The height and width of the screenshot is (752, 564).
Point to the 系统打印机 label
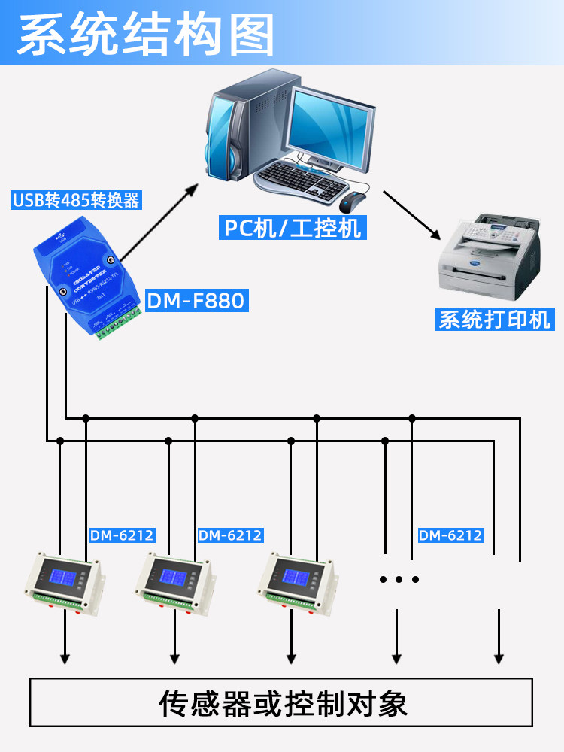click(x=495, y=319)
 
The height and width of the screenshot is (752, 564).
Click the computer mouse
click(x=352, y=202)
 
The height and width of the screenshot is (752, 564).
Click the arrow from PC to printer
click(x=412, y=215)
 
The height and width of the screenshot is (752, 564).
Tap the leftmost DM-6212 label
click(x=122, y=535)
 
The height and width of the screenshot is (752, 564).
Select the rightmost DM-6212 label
click(x=450, y=535)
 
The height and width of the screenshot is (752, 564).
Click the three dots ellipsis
click(x=399, y=579)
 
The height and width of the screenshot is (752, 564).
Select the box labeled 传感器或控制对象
click(x=281, y=704)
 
